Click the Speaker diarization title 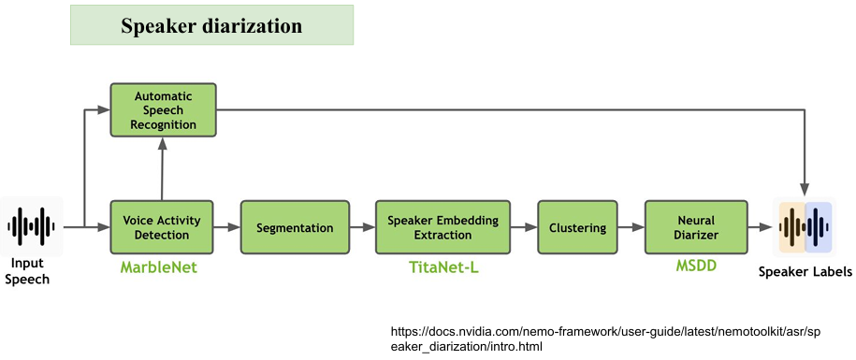[x=211, y=25]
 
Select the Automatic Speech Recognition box [x=163, y=109]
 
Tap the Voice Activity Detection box [x=162, y=227]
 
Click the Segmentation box [x=295, y=227]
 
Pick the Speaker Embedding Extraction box [x=443, y=227]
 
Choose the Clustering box [x=577, y=227]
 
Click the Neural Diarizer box [x=697, y=227]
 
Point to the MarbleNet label [x=159, y=267]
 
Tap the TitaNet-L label [x=443, y=267]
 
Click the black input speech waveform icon [x=32, y=226]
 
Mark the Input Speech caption [x=31, y=271]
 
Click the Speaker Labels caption [x=805, y=271]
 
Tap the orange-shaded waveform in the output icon [x=792, y=227]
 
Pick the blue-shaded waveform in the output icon [x=819, y=227]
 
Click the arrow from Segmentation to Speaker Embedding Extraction [x=362, y=227]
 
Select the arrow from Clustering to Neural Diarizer [x=631, y=227]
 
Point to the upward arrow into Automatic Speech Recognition [x=162, y=168]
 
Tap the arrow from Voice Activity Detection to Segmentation [x=227, y=227]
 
